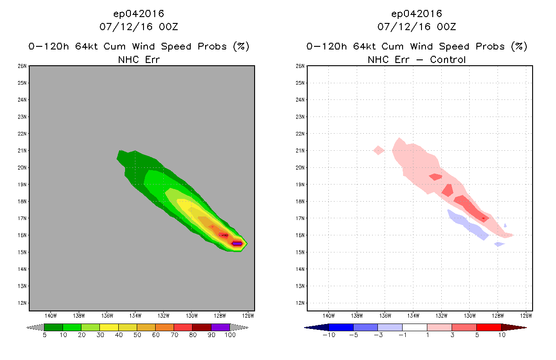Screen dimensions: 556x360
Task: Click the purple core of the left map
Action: [237, 243]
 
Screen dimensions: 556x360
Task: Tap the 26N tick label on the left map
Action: [22, 66]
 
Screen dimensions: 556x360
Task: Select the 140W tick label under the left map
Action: [51, 316]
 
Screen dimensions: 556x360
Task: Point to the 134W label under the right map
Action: [413, 316]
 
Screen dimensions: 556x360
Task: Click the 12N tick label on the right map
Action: [300, 303]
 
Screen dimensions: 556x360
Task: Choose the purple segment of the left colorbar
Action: [220, 327]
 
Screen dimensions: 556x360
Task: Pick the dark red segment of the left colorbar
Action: [202, 327]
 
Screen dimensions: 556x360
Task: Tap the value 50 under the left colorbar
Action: [137, 335]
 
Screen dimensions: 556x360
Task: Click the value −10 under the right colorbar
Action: [329, 335]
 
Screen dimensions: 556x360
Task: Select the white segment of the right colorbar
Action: [415, 327]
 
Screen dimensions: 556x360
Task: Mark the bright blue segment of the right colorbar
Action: [341, 327]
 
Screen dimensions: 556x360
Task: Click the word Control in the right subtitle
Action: [448, 59]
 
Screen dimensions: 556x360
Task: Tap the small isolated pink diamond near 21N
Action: [379, 150]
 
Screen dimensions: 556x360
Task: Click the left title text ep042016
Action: [139, 13]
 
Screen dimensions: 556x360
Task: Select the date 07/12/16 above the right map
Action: [404, 27]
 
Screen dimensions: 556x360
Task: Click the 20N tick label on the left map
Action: [22, 167]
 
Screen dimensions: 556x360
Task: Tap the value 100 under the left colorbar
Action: [230, 335]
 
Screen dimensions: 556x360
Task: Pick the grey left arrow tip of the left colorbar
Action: [27, 328]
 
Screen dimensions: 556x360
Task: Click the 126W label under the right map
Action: [526, 316]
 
